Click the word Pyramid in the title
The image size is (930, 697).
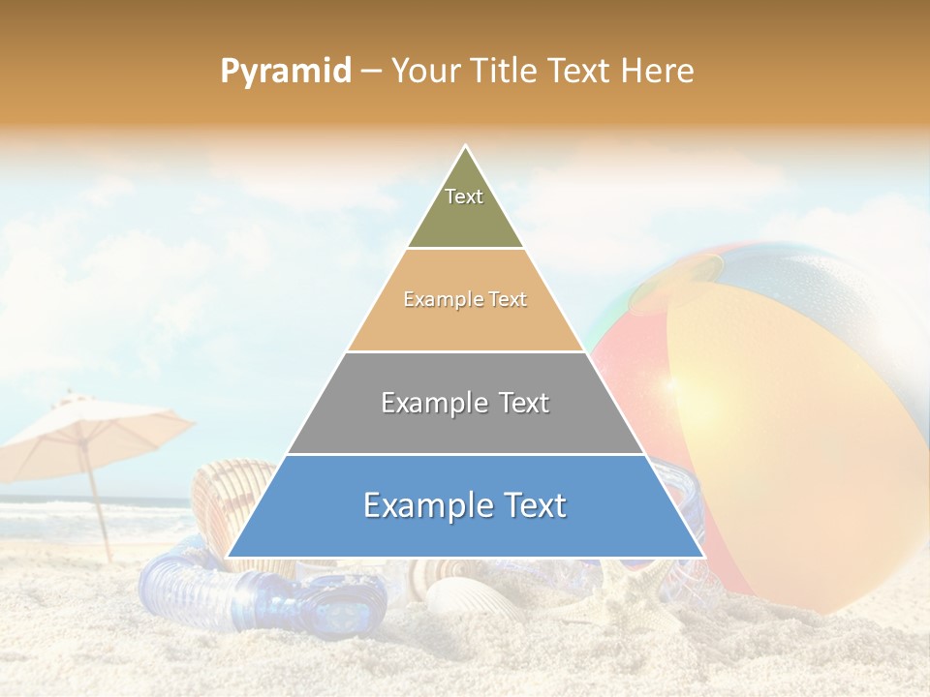coord(285,72)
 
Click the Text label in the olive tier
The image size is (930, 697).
coord(464,197)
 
